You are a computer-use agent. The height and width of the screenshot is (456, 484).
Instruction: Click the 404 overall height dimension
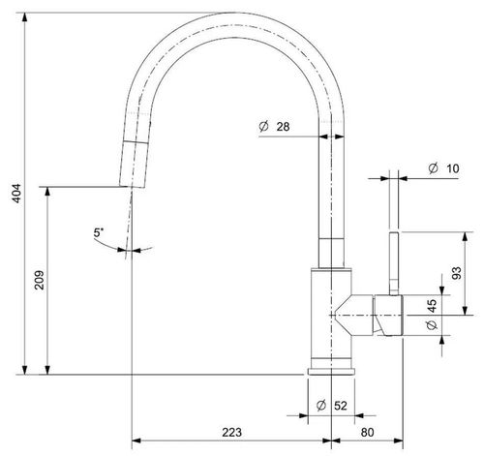(16, 193)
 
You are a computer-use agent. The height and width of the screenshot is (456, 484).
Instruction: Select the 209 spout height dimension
(40, 280)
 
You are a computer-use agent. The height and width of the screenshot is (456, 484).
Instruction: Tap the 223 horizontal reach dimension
(231, 432)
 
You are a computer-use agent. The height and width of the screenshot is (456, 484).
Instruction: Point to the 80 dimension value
(367, 432)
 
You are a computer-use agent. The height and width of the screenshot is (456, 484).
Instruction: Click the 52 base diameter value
(341, 406)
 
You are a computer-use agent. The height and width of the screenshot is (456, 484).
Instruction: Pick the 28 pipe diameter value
(283, 127)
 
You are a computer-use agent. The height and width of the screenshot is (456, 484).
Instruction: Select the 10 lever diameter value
(453, 168)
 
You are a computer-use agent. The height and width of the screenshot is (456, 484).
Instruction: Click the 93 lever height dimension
(457, 273)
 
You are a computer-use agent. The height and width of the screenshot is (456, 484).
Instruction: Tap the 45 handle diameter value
(432, 306)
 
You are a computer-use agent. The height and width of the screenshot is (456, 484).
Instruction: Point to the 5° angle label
(99, 232)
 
